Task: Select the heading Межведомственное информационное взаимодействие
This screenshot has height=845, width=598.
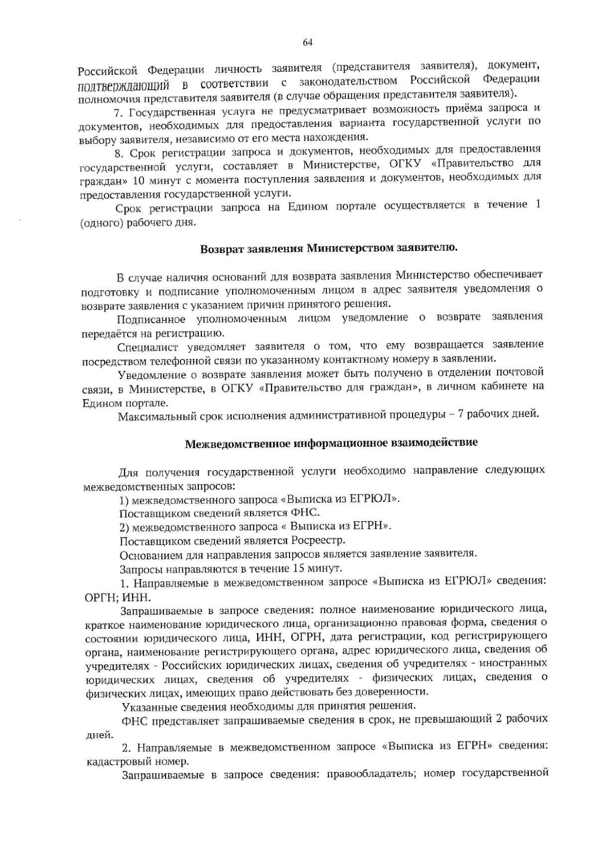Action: tap(331, 443)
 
